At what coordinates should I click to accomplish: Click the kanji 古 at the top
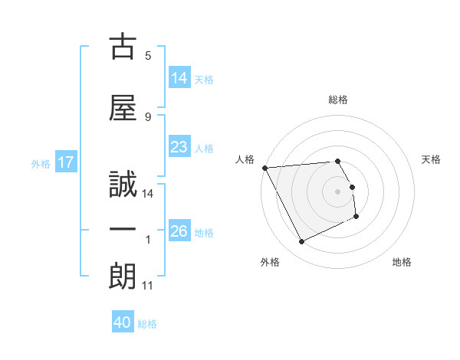coord(123,47)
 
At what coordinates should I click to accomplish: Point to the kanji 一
coord(123,231)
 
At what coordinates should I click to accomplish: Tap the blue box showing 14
coord(179,78)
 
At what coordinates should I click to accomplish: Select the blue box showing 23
coord(179,147)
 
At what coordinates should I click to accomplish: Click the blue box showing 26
coord(179,231)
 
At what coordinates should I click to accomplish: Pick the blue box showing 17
coord(65,162)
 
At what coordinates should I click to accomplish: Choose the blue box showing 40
coord(123,322)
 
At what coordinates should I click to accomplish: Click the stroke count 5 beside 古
coord(148,55)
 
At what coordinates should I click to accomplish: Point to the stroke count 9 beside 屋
coord(148,116)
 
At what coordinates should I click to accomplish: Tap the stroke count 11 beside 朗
coord(148,286)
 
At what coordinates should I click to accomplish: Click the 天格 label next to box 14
coord(204,79)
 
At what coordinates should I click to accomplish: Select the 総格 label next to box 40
coord(147,323)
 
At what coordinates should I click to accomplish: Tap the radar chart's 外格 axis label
coord(270,262)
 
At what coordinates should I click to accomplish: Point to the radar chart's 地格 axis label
coord(402,262)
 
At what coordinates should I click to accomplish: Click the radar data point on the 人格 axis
coord(265,168)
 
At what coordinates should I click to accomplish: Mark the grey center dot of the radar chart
coord(337,191)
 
